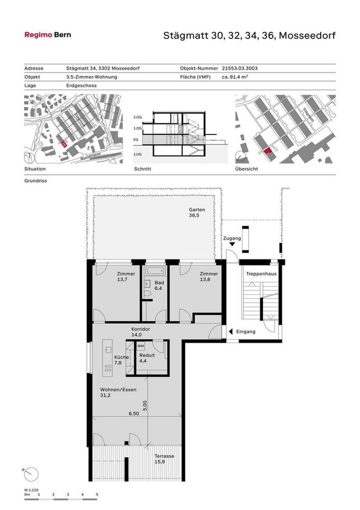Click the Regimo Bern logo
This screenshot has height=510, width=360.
tap(47, 35)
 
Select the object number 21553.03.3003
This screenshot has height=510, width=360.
tap(239, 68)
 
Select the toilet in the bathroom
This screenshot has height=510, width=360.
tap(147, 293)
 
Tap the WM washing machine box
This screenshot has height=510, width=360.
tap(140, 346)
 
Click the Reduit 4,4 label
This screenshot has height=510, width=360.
tap(147, 358)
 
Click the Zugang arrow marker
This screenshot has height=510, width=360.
tap(232, 244)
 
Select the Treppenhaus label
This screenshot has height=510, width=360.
tap(261, 274)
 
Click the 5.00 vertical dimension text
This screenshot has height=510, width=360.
tap(144, 406)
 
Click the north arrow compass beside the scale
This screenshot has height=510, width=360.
tap(31, 474)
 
